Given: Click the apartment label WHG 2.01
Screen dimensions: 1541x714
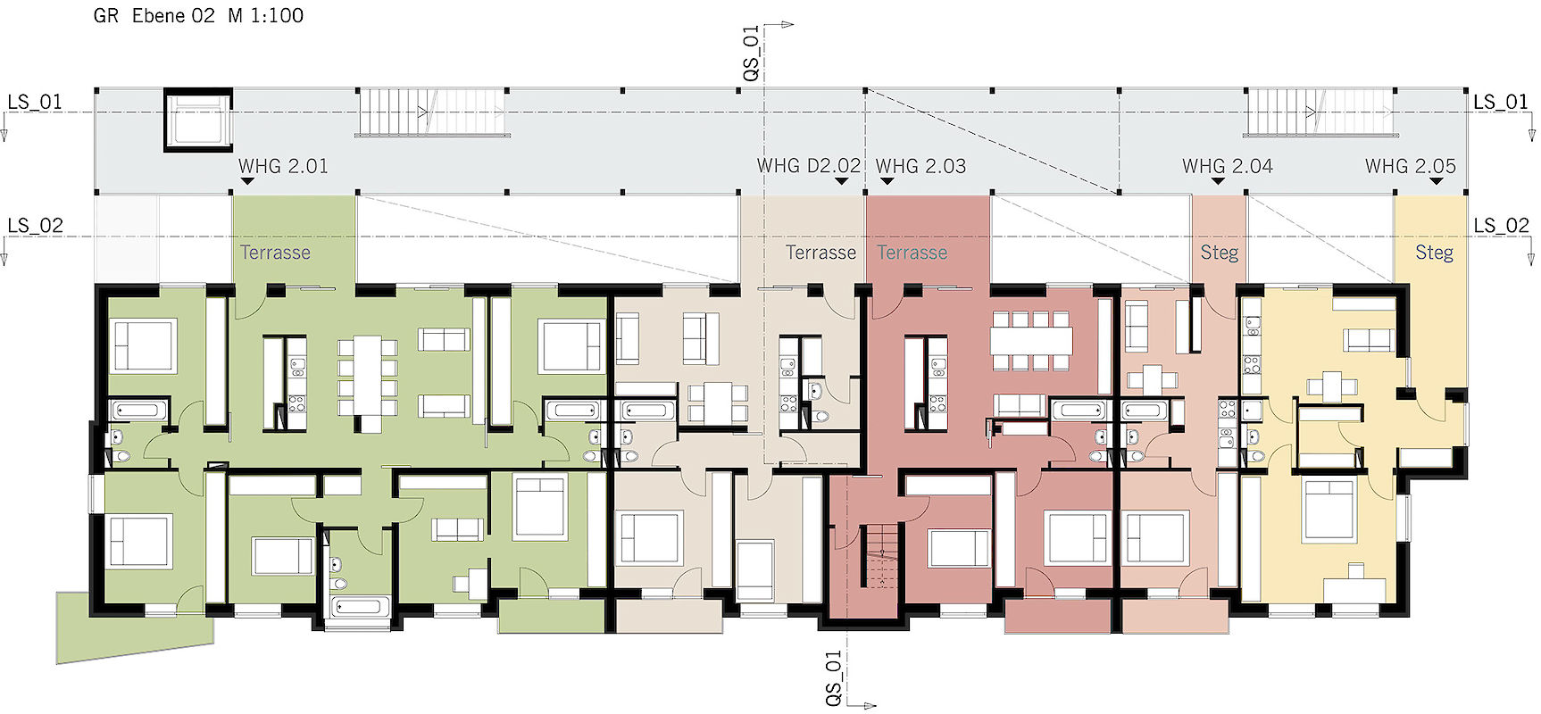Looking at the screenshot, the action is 283,166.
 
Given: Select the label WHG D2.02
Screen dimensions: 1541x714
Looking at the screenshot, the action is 809,166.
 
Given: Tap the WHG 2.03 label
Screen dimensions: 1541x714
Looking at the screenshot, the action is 920,166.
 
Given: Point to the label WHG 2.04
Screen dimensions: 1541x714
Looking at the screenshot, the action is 1228,166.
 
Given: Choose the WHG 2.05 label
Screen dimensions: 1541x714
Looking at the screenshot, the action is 1411,166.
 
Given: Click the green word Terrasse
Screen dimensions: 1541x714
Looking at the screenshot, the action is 275,253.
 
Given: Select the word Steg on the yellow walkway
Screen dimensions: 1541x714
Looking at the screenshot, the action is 1434,253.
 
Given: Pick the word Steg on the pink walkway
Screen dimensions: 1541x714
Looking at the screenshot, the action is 1220,253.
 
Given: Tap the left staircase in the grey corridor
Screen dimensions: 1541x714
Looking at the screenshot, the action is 432,113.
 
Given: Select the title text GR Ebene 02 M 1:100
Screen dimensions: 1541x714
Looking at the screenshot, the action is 198,15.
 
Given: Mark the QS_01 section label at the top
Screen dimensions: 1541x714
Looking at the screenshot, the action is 751,53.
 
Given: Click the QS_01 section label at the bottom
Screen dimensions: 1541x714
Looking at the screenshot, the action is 833,678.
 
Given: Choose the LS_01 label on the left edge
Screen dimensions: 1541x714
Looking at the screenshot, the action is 35,102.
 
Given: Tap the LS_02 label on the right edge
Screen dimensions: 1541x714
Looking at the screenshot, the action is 1502,226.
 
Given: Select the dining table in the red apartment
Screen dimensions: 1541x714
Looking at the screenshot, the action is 1031,340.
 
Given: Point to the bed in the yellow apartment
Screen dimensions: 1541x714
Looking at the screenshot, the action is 1329,511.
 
